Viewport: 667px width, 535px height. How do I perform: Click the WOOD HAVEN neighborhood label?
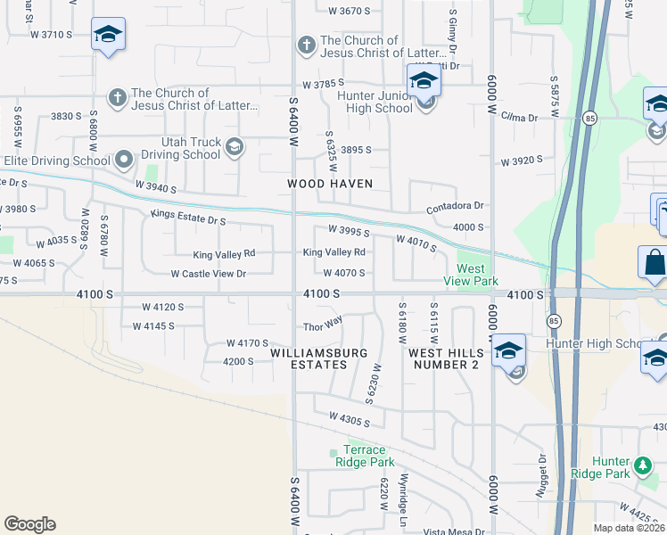pos(329,184)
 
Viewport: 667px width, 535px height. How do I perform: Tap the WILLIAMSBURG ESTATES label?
pos(309,358)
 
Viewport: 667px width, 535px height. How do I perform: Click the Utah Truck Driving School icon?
pos(235,147)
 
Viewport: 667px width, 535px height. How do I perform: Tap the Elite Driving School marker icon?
pos(124,160)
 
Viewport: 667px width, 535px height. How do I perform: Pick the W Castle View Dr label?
pos(208,274)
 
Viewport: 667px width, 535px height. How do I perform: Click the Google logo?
pos(29,524)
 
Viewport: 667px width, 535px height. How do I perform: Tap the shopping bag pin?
pos(654,264)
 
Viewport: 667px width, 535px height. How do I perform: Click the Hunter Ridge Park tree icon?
pos(642,465)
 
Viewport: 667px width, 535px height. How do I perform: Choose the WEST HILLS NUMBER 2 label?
pos(444,358)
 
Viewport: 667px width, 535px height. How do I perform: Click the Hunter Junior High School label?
pos(375,102)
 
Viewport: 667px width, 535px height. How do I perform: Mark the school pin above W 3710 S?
pos(108,35)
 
